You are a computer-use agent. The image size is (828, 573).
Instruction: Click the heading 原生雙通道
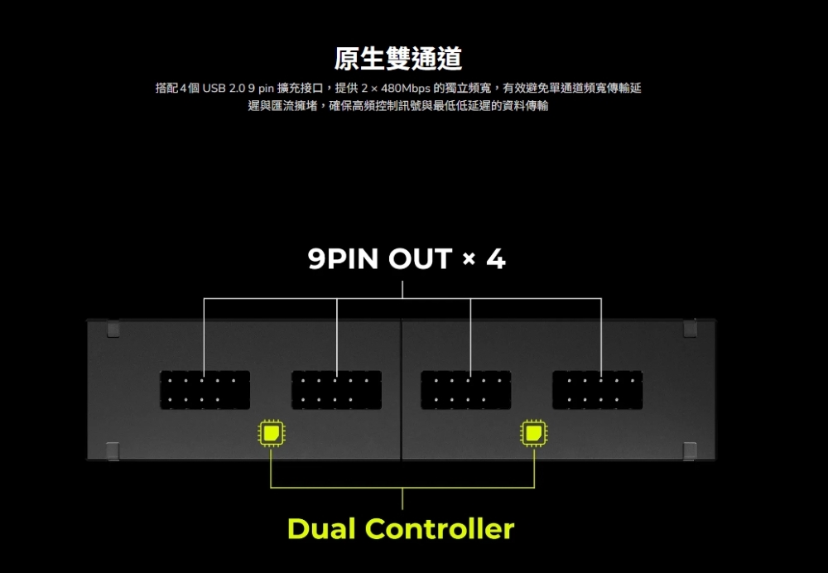tap(398, 58)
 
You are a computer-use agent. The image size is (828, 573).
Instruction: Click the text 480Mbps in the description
tap(405, 88)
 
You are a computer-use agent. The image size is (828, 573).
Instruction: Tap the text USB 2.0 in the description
tap(224, 88)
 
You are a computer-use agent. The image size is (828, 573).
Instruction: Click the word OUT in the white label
tap(421, 259)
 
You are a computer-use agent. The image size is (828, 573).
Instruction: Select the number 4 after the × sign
tap(496, 259)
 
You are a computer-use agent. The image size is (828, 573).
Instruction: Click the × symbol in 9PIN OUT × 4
tap(469, 259)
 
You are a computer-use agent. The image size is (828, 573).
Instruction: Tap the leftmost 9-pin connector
tap(205, 390)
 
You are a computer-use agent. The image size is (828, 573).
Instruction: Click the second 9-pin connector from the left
tap(336, 390)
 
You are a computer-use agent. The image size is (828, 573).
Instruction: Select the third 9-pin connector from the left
tap(465, 390)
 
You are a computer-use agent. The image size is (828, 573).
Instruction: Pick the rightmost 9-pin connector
tap(597, 390)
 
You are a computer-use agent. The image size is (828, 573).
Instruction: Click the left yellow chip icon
tap(272, 433)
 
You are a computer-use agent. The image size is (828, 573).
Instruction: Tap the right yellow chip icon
tap(534, 433)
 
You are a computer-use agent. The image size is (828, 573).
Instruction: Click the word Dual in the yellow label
tap(321, 528)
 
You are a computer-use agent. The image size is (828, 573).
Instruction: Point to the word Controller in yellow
tap(440, 528)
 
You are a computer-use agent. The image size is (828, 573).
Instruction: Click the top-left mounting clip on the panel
tap(113, 330)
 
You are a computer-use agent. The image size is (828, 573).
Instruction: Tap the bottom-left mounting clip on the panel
tap(113, 450)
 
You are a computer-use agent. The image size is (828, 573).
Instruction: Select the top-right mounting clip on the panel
tap(691, 329)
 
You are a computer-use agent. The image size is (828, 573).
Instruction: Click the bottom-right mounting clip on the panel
tap(691, 450)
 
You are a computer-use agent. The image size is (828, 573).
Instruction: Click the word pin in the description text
tap(266, 89)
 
